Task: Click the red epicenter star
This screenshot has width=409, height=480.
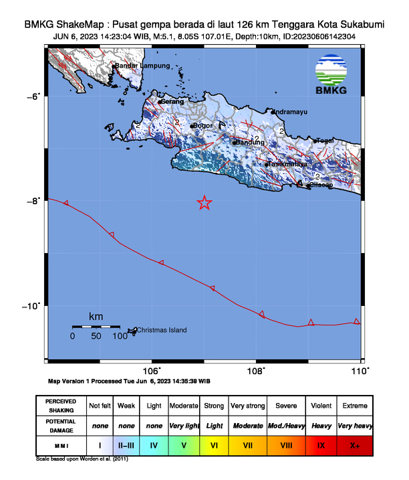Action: coord(204,203)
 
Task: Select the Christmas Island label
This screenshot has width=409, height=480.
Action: coord(162,330)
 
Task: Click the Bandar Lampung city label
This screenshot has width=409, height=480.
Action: coord(142,66)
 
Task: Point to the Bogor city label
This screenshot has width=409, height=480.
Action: coord(202,125)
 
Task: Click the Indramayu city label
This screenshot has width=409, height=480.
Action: coord(291,111)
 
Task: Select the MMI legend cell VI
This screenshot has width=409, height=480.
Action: coord(214,444)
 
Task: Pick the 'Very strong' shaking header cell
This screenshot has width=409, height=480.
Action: coord(247,406)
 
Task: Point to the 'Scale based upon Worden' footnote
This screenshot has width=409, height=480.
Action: coord(81,460)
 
